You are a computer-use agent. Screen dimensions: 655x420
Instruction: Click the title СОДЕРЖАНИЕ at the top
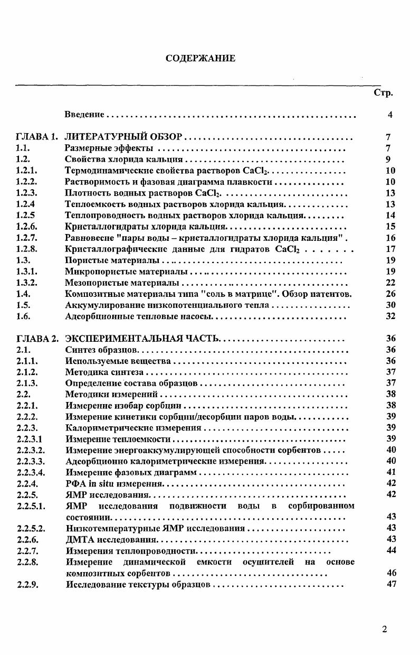(x=201, y=58)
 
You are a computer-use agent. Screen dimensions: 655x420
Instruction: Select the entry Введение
(x=85, y=115)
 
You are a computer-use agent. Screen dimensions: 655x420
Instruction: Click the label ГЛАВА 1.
(x=36, y=137)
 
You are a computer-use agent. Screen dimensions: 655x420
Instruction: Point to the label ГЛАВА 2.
(x=36, y=339)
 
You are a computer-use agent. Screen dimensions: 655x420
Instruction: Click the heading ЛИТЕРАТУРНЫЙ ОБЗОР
(x=123, y=137)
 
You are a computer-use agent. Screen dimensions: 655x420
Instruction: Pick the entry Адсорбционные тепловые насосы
(x=138, y=317)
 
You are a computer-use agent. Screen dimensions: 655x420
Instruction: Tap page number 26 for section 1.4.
(x=390, y=294)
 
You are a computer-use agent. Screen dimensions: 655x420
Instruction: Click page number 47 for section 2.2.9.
(x=391, y=584)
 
